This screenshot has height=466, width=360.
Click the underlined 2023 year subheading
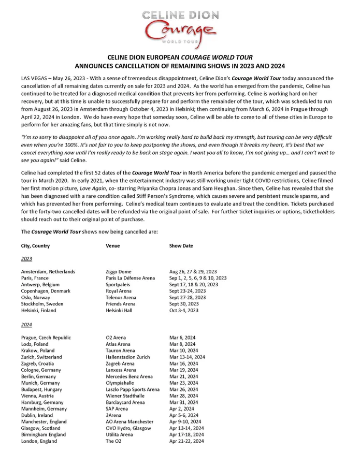click(x=26, y=258)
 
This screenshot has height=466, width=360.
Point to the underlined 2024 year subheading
click(x=26, y=325)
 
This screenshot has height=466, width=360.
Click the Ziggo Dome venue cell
click(x=119, y=272)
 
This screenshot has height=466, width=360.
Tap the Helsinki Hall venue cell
click(x=121, y=311)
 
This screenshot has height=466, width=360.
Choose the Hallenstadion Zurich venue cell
click(x=128, y=357)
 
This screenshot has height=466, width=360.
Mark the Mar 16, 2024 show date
click(x=182, y=363)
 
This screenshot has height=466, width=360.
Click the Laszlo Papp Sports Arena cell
click(x=133, y=389)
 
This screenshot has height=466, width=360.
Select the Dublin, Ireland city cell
click(x=37, y=415)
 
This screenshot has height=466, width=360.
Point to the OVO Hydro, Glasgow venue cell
click(x=128, y=428)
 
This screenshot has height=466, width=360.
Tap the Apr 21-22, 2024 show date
click(x=186, y=441)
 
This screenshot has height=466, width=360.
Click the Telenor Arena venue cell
click(x=121, y=298)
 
